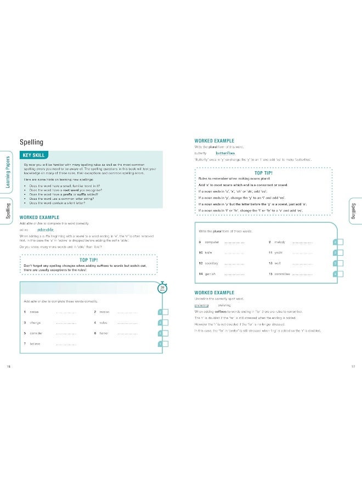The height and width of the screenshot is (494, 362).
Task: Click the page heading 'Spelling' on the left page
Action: pos(31,142)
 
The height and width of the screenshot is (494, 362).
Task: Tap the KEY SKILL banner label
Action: pos(34,155)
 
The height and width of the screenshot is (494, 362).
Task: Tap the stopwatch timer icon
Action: pos(162,288)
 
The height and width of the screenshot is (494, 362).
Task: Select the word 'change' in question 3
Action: pos(36,322)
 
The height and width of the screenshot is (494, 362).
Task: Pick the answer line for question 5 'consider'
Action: pos(66,333)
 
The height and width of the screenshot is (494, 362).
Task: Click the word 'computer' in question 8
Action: pos(212,242)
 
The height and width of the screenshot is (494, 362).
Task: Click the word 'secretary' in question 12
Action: pos(212,263)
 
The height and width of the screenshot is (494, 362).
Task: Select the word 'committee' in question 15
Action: pos(283,274)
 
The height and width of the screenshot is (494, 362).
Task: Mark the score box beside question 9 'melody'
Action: pos(338,242)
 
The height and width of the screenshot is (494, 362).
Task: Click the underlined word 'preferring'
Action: pos(202,305)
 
